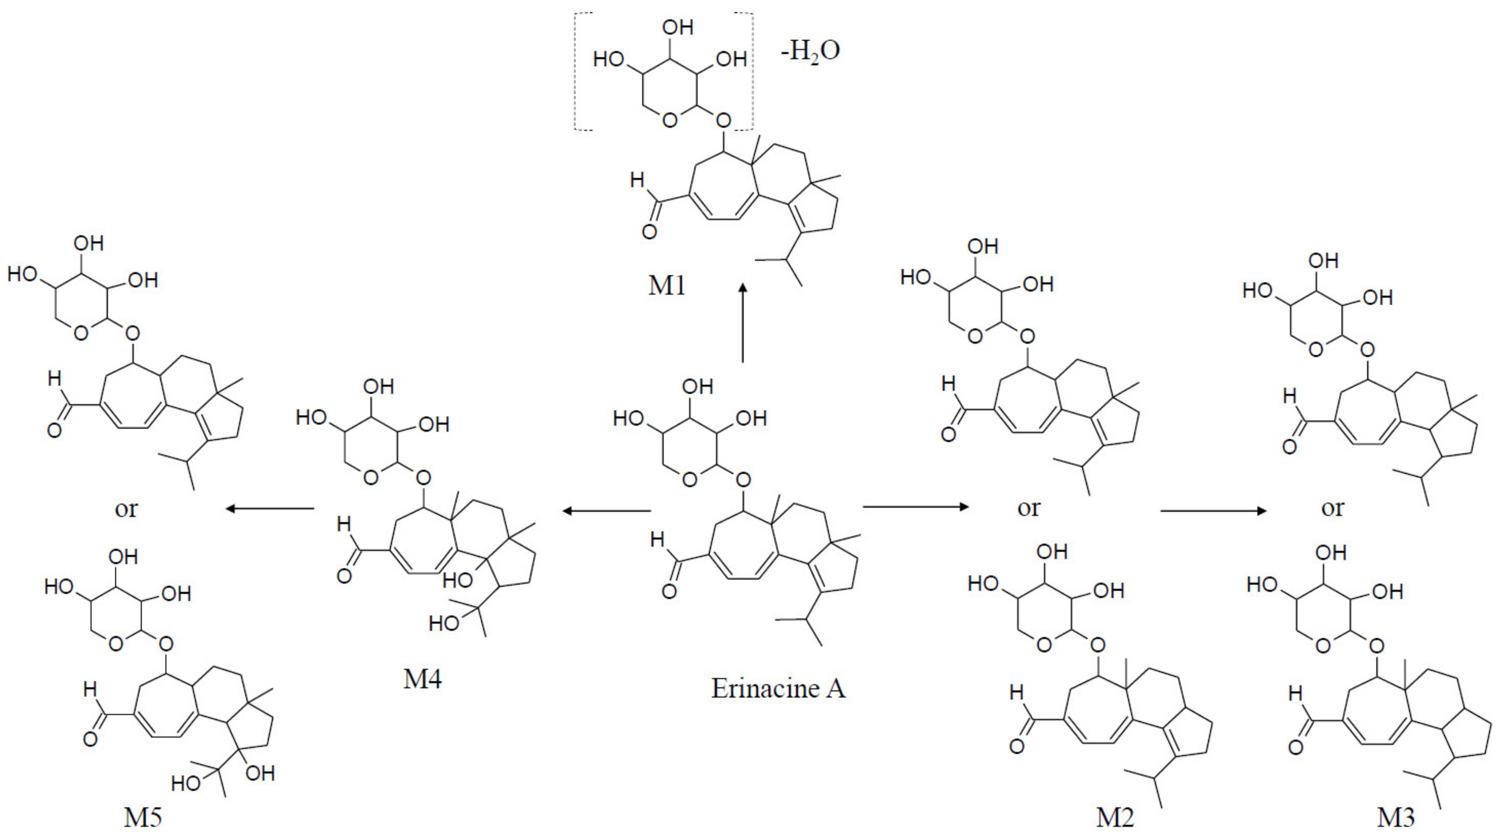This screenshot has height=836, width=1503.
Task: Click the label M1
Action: coord(666,286)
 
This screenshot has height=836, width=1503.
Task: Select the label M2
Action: coord(1115,817)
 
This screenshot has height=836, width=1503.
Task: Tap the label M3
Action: coord(1396,817)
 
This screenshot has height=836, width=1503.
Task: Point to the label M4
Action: coord(422,679)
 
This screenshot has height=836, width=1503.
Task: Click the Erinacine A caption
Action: coord(778,688)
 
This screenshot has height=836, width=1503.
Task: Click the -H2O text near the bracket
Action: coord(811,51)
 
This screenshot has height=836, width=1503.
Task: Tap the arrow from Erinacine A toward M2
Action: coord(915,507)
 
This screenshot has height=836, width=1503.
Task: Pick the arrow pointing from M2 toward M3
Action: coord(1214,511)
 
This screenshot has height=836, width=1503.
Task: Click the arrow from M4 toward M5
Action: coord(270,509)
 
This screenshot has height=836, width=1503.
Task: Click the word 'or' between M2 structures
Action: coord(1028,508)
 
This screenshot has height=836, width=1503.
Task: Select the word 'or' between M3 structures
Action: coord(1332,508)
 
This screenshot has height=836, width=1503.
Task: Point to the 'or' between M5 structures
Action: coord(126,509)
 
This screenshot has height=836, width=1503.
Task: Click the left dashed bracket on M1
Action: coord(578,71)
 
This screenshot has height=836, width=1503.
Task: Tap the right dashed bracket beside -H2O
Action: coord(750,71)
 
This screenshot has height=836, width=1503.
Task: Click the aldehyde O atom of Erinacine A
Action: coord(669,592)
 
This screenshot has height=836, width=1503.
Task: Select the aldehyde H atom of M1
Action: coord(637,181)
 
